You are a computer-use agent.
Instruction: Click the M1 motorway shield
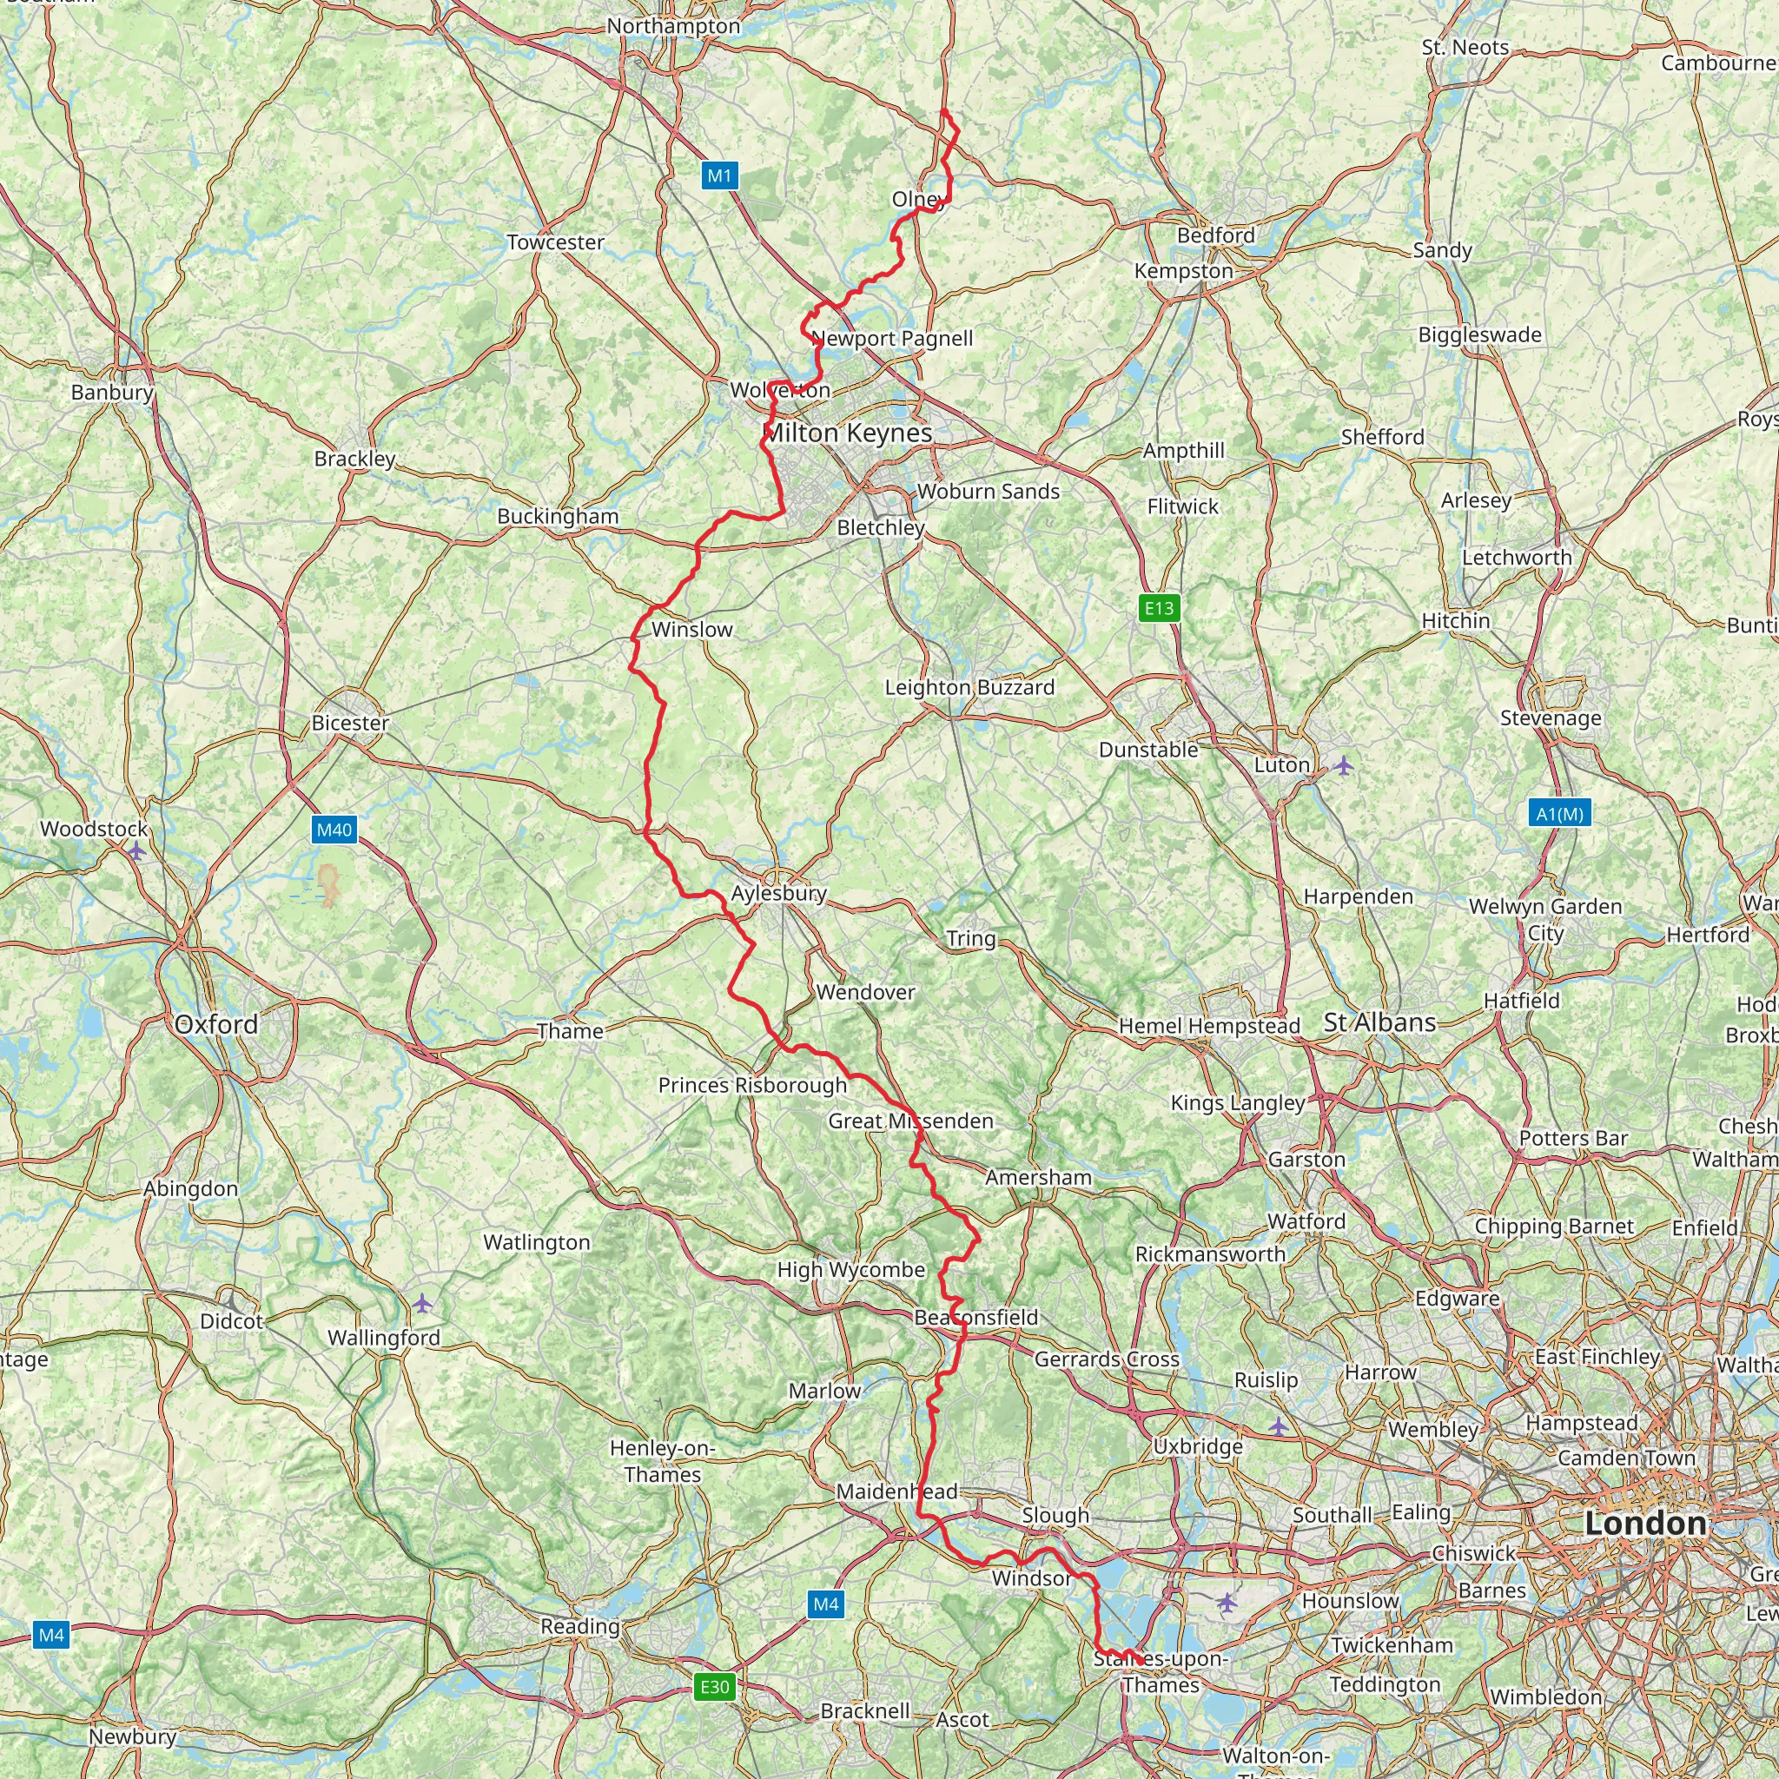pyautogui.click(x=719, y=175)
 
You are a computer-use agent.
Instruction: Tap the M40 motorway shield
pyautogui.click(x=334, y=830)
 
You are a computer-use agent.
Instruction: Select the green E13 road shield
pyautogui.click(x=1159, y=608)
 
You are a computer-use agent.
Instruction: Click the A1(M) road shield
pyautogui.click(x=1560, y=813)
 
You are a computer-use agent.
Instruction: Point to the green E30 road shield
pyautogui.click(x=715, y=1687)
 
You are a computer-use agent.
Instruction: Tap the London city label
pyautogui.click(x=1645, y=1523)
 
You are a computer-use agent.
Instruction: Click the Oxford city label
pyautogui.click(x=215, y=1024)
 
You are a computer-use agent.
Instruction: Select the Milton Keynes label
pyautogui.click(x=848, y=433)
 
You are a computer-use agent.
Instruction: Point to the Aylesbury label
pyautogui.click(x=778, y=893)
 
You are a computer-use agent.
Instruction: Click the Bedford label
pyautogui.click(x=1215, y=235)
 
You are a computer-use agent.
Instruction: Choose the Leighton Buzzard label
pyautogui.click(x=969, y=687)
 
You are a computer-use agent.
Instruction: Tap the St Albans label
pyautogui.click(x=1379, y=1022)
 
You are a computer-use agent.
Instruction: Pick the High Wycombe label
pyautogui.click(x=850, y=1270)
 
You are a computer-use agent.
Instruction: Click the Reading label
pyautogui.click(x=580, y=1626)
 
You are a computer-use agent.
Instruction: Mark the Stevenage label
pyautogui.click(x=1551, y=718)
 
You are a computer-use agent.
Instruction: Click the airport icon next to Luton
pyautogui.click(x=1344, y=765)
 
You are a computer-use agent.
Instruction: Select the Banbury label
pyautogui.click(x=112, y=393)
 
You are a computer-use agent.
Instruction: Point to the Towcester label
pyautogui.click(x=555, y=242)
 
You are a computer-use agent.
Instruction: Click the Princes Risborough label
pyautogui.click(x=752, y=1085)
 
